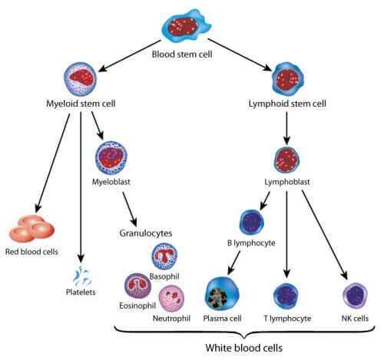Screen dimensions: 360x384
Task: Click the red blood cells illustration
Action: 30,228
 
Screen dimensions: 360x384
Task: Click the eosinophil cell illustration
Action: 139,286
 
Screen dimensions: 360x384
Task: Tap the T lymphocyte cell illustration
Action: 288,295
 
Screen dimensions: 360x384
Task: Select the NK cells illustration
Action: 356,295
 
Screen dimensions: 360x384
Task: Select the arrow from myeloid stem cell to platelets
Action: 81,184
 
